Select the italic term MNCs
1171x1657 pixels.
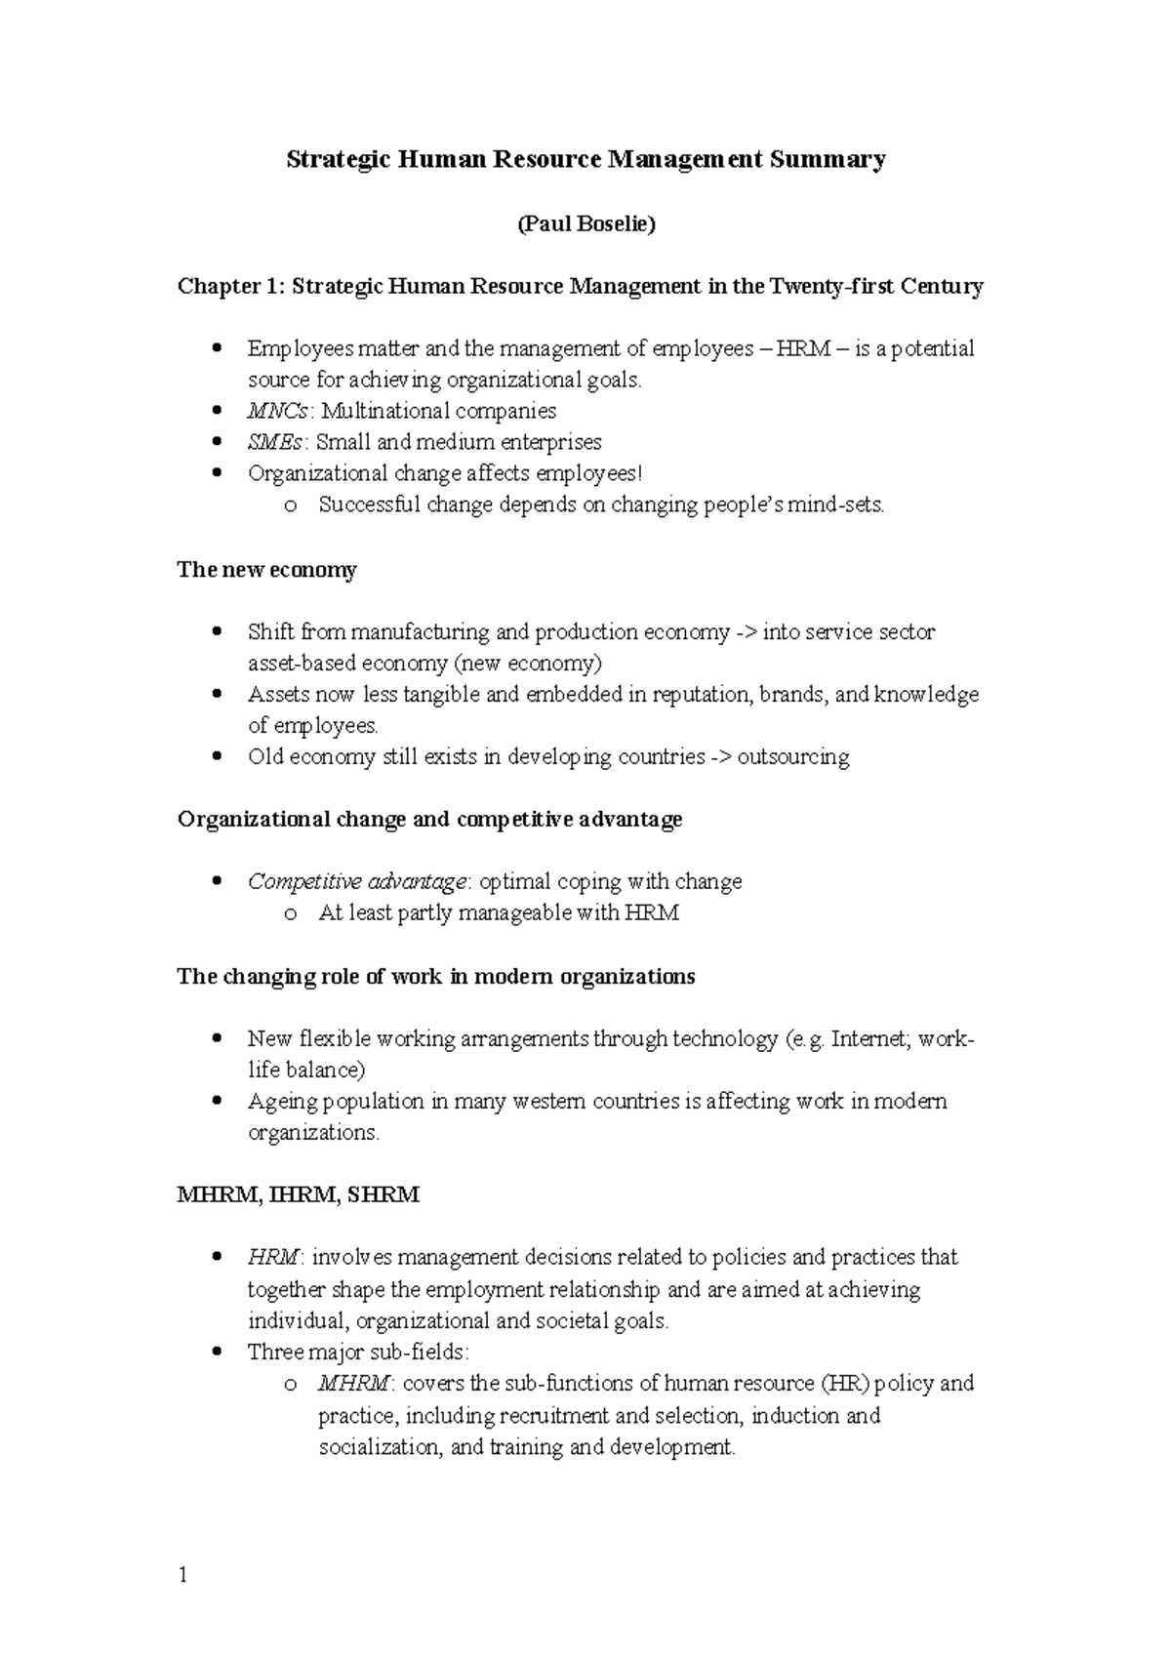click(x=276, y=411)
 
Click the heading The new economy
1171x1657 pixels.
click(x=266, y=570)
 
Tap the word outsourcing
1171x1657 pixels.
click(x=792, y=757)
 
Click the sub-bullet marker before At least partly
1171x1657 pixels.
click(x=290, y=915)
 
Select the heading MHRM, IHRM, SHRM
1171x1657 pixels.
click(x=298, y=1195)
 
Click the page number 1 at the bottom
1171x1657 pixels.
click(x=182, y=1575)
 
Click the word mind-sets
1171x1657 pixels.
click(x=841, y=505)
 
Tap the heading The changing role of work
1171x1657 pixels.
click(x=435, y=977)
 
